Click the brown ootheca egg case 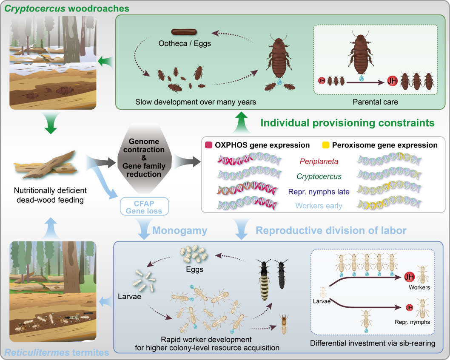(x=183, y=32)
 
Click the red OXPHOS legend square (x=209, y=145)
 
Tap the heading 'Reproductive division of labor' (x=331, y=231)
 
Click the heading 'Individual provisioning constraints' (x=347, y=123)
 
